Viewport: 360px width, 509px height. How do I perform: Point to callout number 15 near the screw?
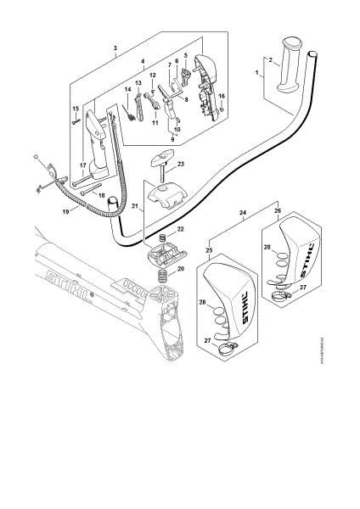point(75,109)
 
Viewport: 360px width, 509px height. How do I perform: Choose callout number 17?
point(82,165)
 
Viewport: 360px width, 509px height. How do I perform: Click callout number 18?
point(100,196)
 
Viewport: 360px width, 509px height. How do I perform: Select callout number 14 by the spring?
point(127,90)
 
